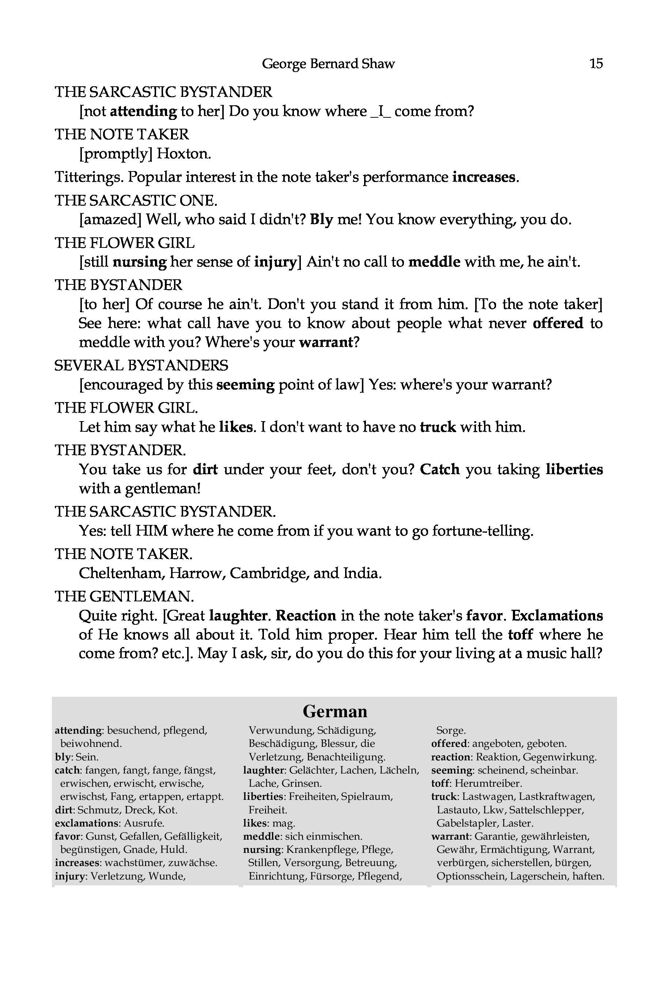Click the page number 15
pyautogui.click(x=596, y=63)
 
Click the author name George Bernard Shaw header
pyautogui.click(x=328, y=64)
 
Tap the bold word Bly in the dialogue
pyautogui.click(x=321, y=219)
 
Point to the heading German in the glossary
pyautogui.click(x=334, y=711)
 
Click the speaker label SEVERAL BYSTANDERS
pyautogui.click(x=141, y=365)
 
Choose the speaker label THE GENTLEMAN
pyautogui.click(x=124, y=596)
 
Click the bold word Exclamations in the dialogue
pyautogui.click(x=557, y=616)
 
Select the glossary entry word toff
pyautogui.click(x=440, y=783)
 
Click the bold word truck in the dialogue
pyautogui.click(x=438, y=427)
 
